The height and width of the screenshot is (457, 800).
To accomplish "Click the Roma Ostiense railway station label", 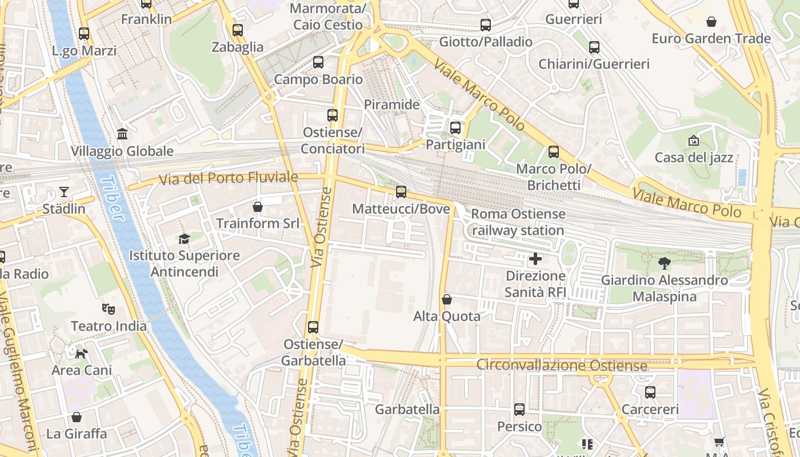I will coord(518,222).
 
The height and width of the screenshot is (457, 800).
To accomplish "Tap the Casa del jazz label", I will coord(694,157).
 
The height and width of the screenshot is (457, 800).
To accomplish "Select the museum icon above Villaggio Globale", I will coord(122,134).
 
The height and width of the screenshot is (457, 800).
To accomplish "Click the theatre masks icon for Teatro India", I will coord(109,309).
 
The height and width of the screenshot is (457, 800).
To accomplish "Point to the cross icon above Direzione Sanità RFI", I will coord(535,259).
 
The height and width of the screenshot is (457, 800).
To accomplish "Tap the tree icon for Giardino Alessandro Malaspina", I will coord(664,263).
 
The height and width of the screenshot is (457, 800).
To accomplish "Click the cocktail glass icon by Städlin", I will coord(64,192).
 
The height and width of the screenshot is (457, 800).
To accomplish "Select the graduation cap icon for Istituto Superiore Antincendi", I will coord(184,239).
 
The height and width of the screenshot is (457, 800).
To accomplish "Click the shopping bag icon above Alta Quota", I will coord(447,299).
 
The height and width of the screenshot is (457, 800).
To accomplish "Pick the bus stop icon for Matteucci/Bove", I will coord(401,192).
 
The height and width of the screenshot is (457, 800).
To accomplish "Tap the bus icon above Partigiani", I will coord(455,128).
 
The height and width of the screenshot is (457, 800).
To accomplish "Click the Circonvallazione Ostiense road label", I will coord(562,364).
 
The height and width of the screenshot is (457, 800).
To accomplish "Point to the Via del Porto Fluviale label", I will coord(229,178).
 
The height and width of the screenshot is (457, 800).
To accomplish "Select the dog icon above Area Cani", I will coord(82,354).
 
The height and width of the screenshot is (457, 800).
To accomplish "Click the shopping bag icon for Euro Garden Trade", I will coord(711,22).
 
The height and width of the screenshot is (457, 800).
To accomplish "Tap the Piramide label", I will coord(392,105).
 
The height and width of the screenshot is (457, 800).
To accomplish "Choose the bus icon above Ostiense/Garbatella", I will coord(313,327).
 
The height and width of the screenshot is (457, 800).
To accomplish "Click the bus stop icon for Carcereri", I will coord(650,392).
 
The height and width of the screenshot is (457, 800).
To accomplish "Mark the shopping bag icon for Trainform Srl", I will coord(258,206).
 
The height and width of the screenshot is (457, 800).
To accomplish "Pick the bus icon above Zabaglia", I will coord(238,30).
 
